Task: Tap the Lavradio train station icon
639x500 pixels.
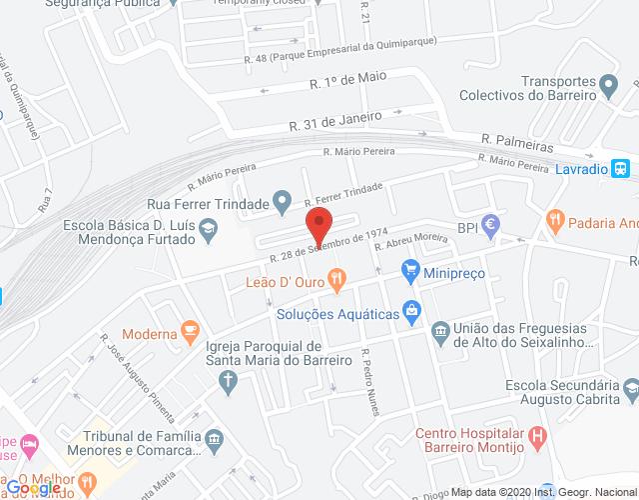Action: click(x=621, y=169)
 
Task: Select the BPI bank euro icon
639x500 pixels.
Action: click(x=490, y=227)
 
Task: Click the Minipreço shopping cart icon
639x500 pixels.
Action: click(x=409, y=269)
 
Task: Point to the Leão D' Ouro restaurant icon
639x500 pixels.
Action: click(x=337, y=281)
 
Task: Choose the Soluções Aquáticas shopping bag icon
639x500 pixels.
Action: click(x=410, y=311)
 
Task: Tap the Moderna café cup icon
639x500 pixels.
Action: click(x=189, y=332)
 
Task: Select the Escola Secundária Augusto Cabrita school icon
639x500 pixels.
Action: click(x=630, y=386)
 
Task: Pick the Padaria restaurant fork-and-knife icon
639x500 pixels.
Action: click(x=554, y=220)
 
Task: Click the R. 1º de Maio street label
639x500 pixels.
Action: click(x=348, y=78)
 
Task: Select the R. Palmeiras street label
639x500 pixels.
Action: click(x=516, y=143)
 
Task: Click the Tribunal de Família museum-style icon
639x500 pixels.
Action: click(x=214, y=439)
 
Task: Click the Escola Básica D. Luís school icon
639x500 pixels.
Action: click(x=207, y=232)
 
